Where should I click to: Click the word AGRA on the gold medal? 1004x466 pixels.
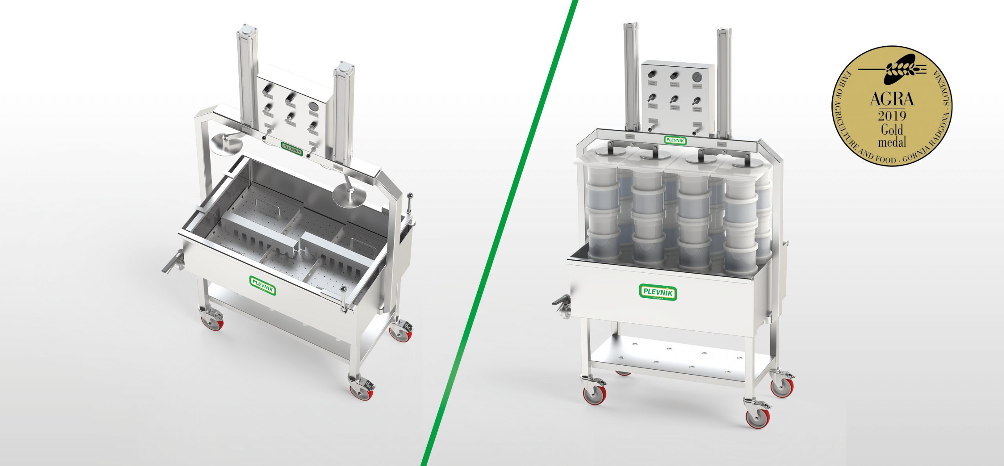click(x=891, y=99)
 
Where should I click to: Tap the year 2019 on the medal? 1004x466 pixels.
click(x=892, y=116)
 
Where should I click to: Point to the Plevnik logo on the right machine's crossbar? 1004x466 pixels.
click(x=675, y=140)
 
